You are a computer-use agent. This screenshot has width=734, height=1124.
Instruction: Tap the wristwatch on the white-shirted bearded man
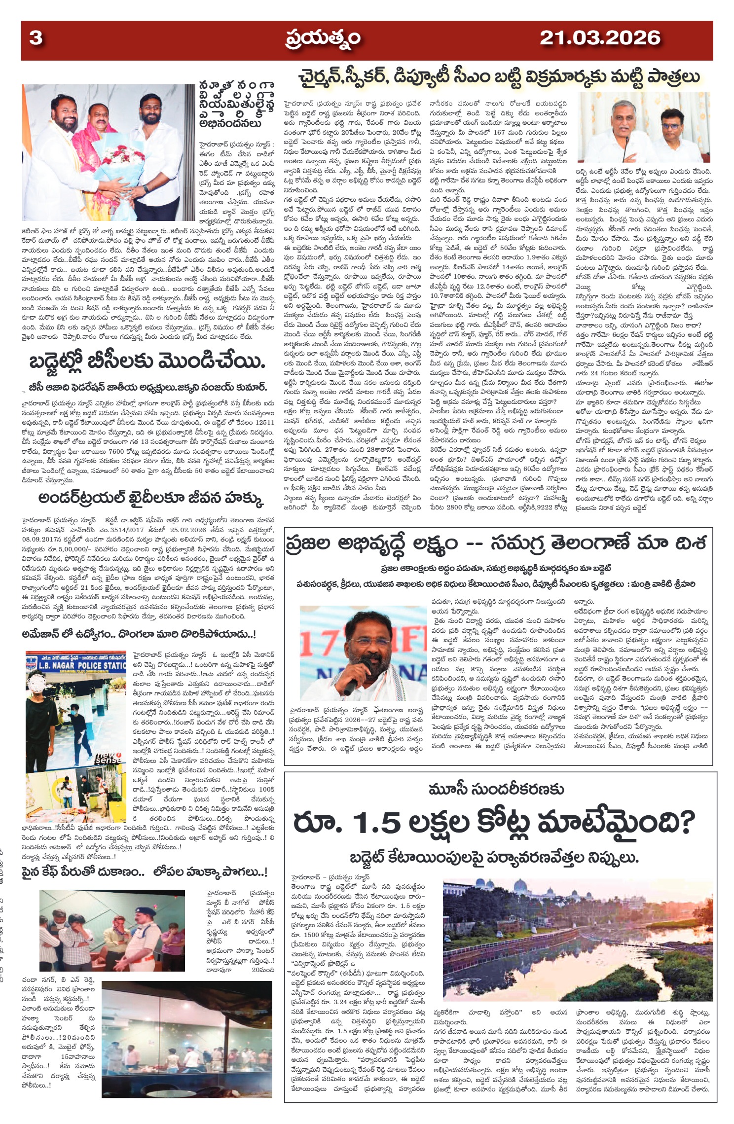click(x=146, y=189)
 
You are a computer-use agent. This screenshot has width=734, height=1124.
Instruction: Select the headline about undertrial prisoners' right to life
click(x=151, y=499)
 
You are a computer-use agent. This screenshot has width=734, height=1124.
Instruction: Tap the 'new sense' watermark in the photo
click(x=109, y=758)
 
